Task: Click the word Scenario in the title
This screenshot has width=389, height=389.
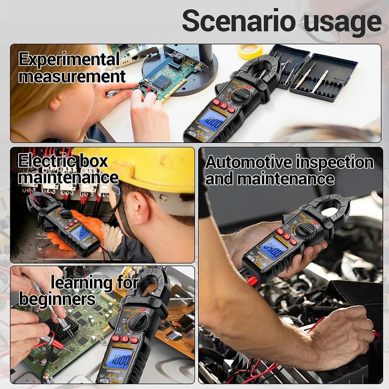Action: click(x=238, y=21)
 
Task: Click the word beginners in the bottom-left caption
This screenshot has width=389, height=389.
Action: click(x=57, y=299)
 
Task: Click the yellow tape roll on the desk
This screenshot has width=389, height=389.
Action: click(x=249, y=51)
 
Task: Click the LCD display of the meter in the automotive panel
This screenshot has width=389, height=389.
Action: click(x=272, y=248)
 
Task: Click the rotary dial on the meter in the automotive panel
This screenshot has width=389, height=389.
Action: click(x=306, y=230)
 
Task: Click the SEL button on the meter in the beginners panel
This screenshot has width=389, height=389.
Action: click(x=115, y=338)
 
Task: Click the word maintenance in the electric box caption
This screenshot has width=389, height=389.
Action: click(x=68, y=178)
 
